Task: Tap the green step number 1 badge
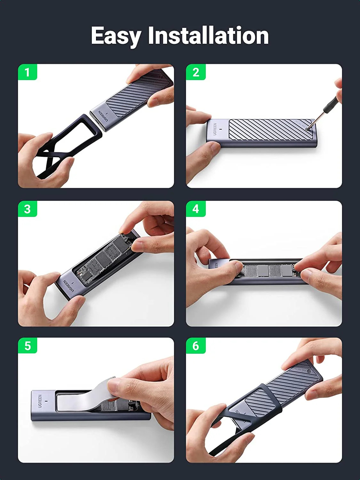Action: (x=28, y=72)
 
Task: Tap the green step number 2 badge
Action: (x=196, y=72)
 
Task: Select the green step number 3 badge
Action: (x=28, y=209)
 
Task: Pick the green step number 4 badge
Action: (x=196, y=209)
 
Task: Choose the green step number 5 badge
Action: (x=28, y=346)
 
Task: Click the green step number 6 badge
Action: (x=196, y=346)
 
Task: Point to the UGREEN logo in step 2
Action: (x=215, y=129)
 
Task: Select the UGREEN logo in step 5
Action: (x=40, y=401)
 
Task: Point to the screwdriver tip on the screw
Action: (x=308, y=129)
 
